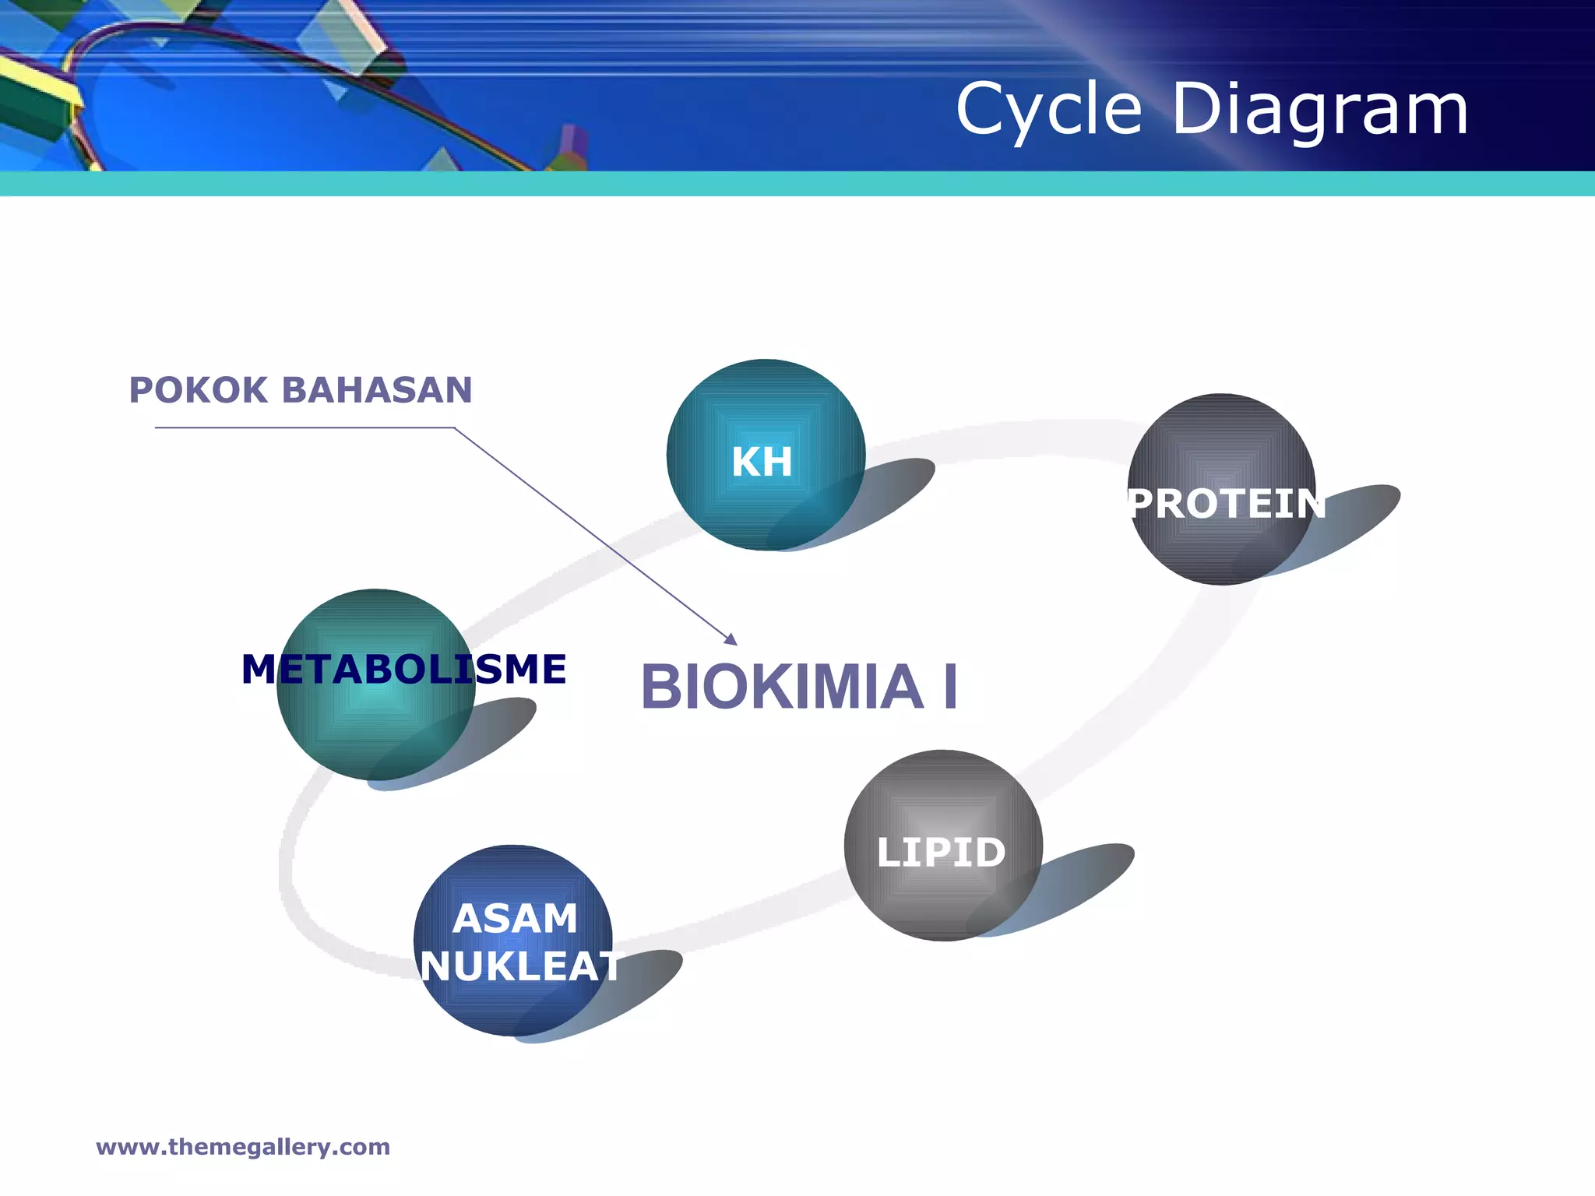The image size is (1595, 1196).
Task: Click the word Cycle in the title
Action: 1048,111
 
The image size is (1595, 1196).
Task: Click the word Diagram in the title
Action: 1319,111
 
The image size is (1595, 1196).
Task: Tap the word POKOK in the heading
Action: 199,390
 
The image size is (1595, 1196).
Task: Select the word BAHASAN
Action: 376,390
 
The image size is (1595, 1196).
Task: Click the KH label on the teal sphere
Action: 762,462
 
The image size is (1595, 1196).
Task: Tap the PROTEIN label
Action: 1226,504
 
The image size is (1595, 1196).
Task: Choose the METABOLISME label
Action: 403,670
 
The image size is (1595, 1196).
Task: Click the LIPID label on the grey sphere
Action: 941,853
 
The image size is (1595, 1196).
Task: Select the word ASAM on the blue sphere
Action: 515,919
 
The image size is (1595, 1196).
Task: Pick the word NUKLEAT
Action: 519,967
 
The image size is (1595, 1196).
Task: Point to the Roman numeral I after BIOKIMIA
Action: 950,688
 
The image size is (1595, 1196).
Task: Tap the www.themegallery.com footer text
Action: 243,1147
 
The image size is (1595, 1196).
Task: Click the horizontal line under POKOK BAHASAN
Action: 304,427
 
